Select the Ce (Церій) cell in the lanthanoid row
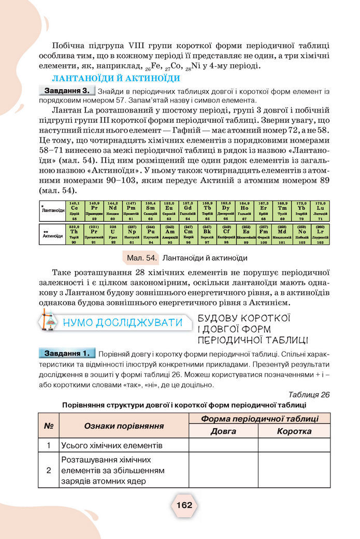coord(74,210)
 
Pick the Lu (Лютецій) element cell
coord(320,210)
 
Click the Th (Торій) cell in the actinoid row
coord(74,234)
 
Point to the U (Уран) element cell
coord(113,234)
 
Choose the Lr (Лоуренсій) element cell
coord(320,234)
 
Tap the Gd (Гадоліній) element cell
coord(188,210)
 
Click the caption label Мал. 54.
coord(142,258)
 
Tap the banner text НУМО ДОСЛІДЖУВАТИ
coord(122,322)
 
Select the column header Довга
coord(223,431)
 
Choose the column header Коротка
coord(294,431)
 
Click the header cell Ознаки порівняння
coord(124,425)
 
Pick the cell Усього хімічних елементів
coord(112,445)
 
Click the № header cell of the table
coord(49,425)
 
